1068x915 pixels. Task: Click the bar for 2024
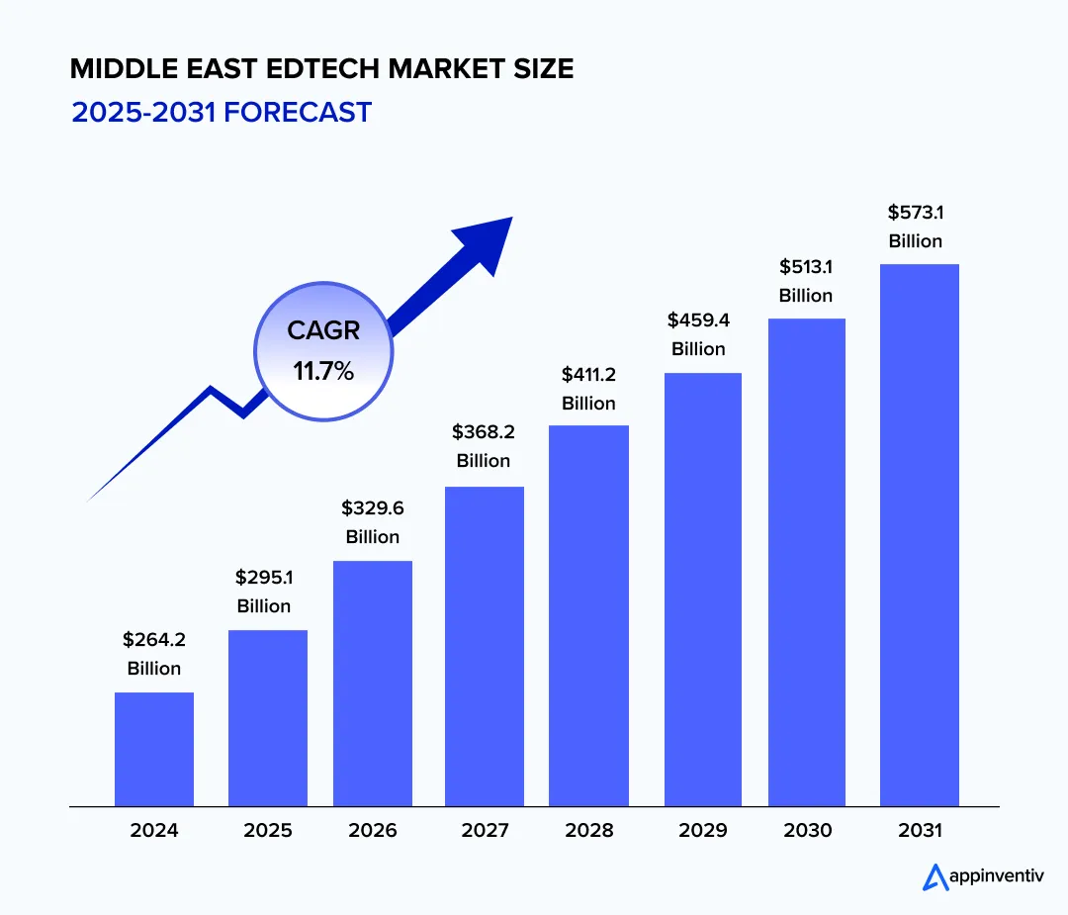pyautogui.click(x=154, y=749)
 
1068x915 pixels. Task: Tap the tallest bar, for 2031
pyautogui.click(x=919, y=534)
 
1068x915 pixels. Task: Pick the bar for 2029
pyautogui.click(x=702, y=589)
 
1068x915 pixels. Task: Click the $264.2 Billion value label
pyautogui.click(x=154, y=654)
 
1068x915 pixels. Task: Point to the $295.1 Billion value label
pyautogui.click(x=264, y=592)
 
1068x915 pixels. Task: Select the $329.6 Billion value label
pyautogui.click(x=373, y=522)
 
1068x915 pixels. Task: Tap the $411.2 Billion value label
pyautogui.click(x=589, y=389)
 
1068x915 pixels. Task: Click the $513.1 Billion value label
pyautogui.click(x=806, y=281)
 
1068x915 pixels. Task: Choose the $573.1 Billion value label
pyautogui.click(x=916, y=227)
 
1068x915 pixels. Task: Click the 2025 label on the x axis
pyautogui.click(x=268, y=830)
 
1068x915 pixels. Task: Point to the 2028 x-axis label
pyautogui.click(x=589, y=830)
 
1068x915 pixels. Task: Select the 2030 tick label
pyautogui.click(x=806, y=830)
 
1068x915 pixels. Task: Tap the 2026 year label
pyautogui.click(x=373, y=830)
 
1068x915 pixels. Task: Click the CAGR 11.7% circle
pyautogui.click(x=323, y=350)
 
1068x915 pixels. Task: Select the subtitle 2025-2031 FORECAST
pyautogui.click(x=222, y=112)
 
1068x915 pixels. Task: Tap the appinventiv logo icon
pyautogui.click(x=934, y=876)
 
